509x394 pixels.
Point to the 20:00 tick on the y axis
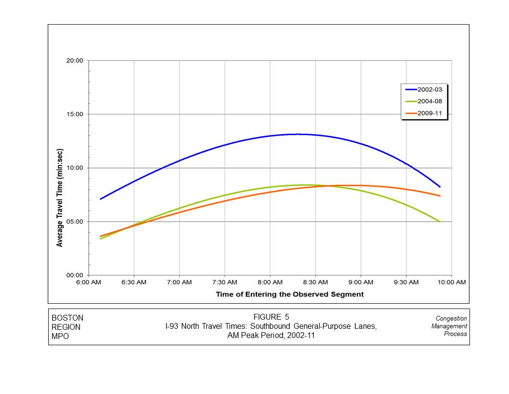coord(75,61)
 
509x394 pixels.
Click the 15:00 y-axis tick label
coord(75,114)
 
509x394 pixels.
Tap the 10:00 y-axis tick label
coord(75,168)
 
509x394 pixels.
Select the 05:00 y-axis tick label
coord(75,222)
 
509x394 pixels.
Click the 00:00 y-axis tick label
coord(75,275)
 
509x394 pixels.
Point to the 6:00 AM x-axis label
coord(89,282)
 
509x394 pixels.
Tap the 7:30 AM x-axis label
coord(225,282)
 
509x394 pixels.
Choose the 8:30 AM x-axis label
coord(315,282)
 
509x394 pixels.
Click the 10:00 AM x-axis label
coord(452,282)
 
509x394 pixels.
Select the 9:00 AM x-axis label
coord(361,282)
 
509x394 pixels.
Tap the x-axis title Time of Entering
coord(289,294)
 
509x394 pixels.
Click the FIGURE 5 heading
coord(271,317)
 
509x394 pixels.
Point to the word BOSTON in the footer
coord(67,318)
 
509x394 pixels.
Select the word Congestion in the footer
coord(451,318)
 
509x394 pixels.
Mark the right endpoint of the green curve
coord(440,222)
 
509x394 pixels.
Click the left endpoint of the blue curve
coord(100,199)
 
